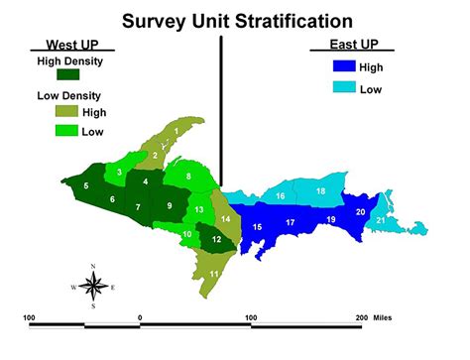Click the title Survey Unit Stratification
pyautogui.click(x=237, y=20)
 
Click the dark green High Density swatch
pyautogui.click(x=69, y=74)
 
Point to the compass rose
pyautogui.click(x=92, y=287)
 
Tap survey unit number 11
pyautogui.click(x=213, y=273)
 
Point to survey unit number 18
pyautogui.click(x=320, y=190)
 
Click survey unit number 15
pyautogui.click(x=257, y=227)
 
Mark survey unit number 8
pyautogui.click(x=188, y=177)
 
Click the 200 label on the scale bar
pyautogui.click(x=361, y=317)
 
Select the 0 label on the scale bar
pyautogui.click(x=141, y=317)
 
